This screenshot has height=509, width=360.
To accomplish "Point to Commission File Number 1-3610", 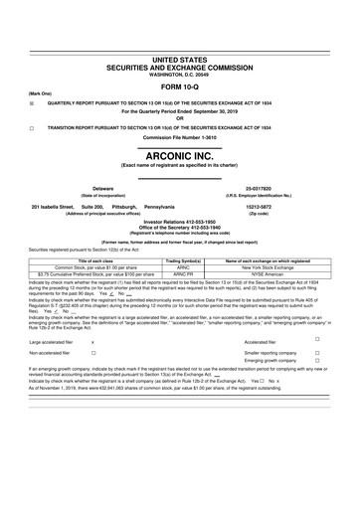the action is [180, 136].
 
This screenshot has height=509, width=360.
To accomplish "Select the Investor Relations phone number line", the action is [180, 222].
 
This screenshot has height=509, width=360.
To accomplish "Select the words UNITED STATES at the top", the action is [180, 6].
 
